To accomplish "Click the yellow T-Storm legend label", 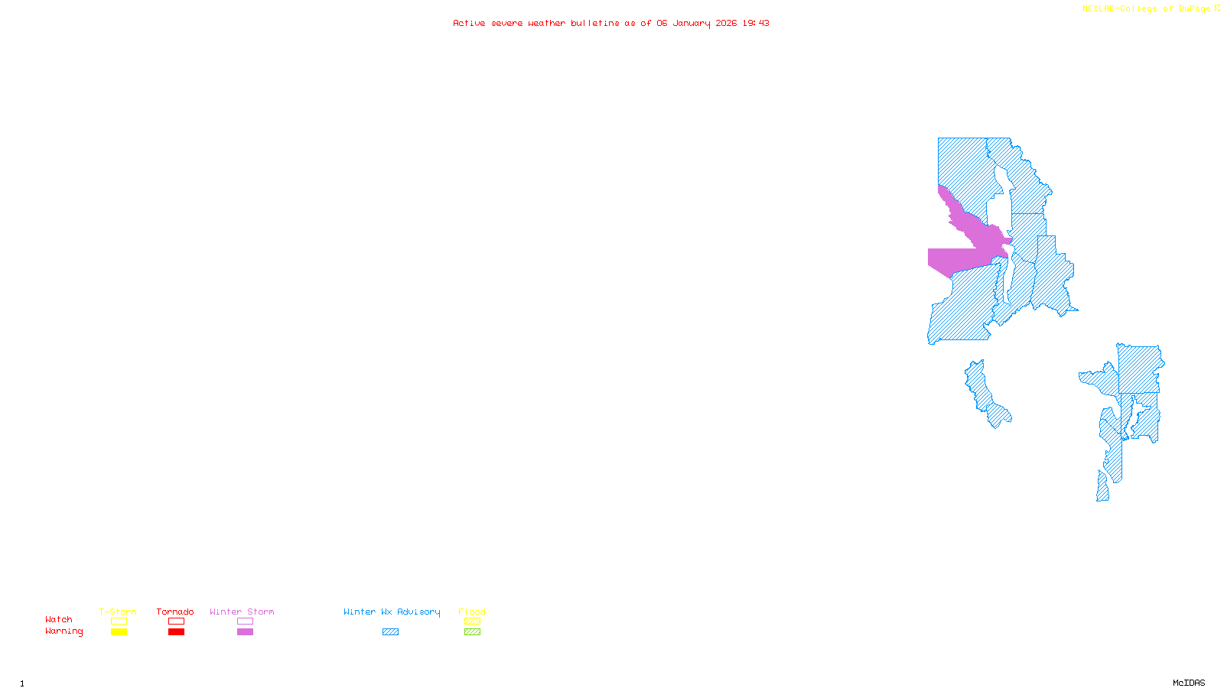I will [118, 612].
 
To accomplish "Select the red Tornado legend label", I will [175, 612].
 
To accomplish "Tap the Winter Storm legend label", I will [242, 612].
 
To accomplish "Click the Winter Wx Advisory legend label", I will [392, 612].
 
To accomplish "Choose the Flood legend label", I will [472, 612].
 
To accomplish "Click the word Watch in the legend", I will [59, 619].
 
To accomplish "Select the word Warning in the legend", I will [63, 631].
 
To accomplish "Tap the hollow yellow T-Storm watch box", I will [119, 621].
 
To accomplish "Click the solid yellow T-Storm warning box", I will [119, 632].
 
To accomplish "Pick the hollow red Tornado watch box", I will [176, 621].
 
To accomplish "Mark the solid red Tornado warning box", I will [176, 632].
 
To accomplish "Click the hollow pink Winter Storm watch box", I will [245, 621].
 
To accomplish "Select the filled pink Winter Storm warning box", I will [245, 632].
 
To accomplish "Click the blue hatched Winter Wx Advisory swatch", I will [390, 632].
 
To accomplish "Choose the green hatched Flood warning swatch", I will [472, 632].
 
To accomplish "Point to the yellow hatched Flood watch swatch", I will [472, 621].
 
